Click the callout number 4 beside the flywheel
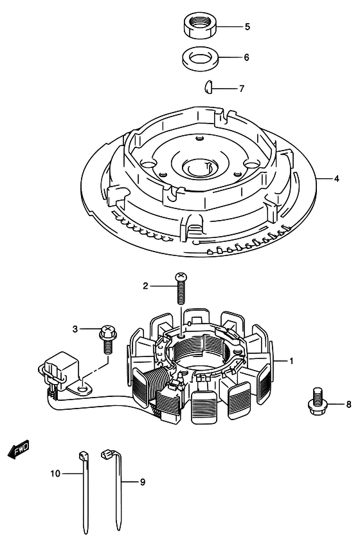336,179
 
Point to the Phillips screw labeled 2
180,288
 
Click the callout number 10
55,474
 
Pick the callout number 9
143,482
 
